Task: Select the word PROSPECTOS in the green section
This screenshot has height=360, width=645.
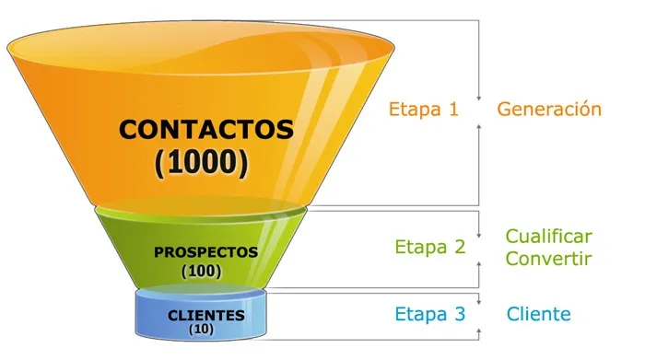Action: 205,251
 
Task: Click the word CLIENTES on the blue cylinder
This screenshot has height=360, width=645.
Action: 205,316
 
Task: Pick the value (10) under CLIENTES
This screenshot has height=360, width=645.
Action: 201,329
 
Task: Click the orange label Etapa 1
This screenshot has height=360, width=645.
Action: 423,110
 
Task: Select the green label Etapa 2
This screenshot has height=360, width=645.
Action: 430,247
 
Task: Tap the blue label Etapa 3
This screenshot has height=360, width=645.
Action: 430,314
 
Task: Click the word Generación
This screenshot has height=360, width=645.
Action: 549,110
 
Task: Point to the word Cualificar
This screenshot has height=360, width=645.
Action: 548,237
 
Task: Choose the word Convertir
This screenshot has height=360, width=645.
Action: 548,258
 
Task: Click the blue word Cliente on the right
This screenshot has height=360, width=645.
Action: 538,314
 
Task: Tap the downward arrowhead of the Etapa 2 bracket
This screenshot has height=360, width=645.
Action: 480,232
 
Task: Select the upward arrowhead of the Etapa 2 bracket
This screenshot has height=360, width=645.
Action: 480,262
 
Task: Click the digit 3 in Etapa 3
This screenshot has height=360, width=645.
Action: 459,314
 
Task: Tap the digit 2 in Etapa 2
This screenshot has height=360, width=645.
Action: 459,247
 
